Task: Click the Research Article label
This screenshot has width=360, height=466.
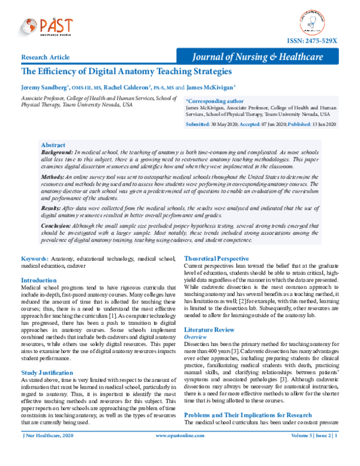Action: point(45,58)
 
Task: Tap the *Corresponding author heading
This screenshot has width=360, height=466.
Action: point(215,101)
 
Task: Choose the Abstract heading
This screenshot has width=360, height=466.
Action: point(54,145)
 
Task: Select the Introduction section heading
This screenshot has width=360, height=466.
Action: point(40,280)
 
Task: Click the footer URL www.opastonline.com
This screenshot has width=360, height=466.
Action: point(180,452)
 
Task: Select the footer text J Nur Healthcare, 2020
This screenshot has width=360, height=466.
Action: point(44,452)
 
